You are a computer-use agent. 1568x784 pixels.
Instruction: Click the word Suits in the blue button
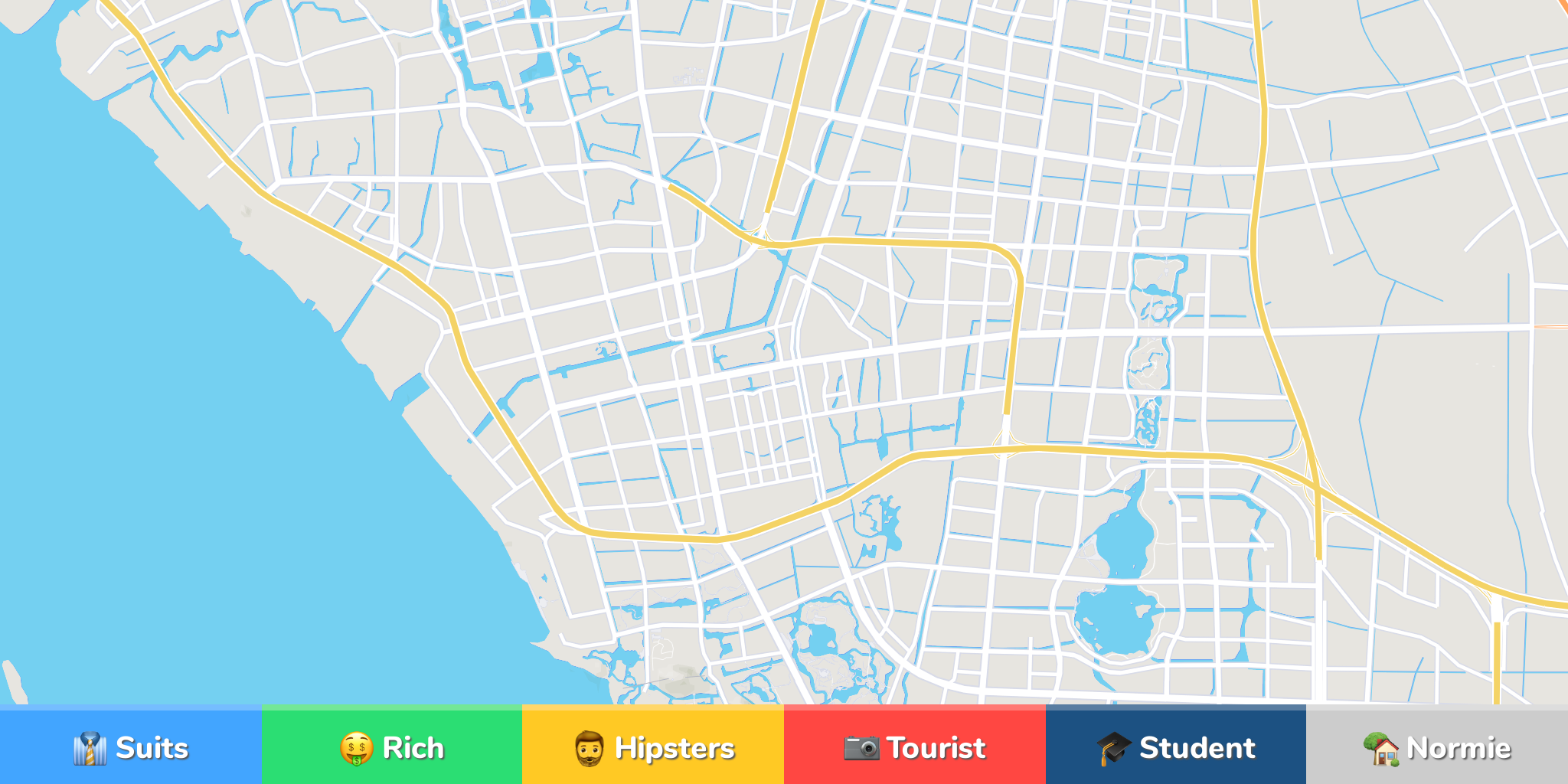click(x=152, y=748)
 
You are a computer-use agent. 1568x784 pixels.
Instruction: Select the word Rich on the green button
click(x=413, y=748)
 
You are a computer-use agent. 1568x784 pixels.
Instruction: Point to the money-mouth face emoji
click(x=356, y=749)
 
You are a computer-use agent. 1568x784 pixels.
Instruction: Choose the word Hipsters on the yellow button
click(x=675, y=748)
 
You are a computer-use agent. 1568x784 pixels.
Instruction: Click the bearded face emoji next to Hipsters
click(x=589, y=749)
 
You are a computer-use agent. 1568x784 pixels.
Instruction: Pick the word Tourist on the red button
click(x=936, y=748)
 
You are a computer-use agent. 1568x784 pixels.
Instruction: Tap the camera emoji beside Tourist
click(x=861, y=748)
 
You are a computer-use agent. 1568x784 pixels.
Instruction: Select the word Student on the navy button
click(x=1197, y=748)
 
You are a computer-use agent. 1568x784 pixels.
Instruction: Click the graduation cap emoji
click(x=1113, y=748)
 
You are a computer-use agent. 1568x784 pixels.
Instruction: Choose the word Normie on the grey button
click(x=1459, y=748)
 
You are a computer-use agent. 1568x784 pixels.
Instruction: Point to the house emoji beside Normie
click(x=1381, y=749)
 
